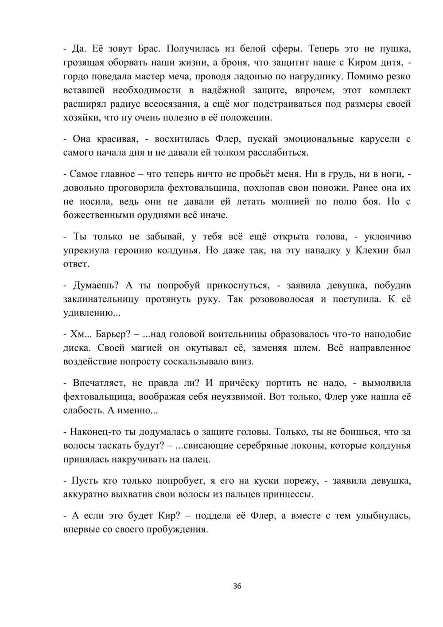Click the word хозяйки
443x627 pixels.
[x=80, y=119]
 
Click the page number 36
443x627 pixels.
[x=237, y=587]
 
